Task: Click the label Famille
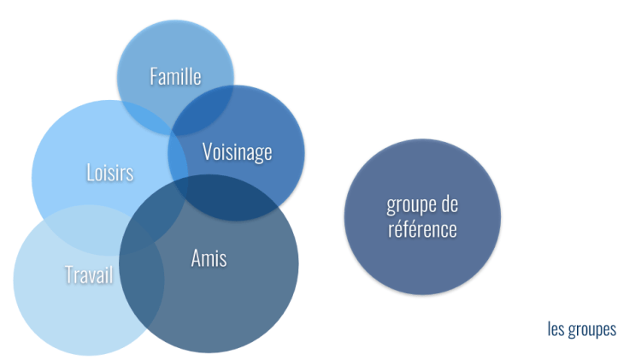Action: (175, 76)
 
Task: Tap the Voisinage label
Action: (237, 152)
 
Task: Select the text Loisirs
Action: (110, 173)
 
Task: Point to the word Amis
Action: (209, 257)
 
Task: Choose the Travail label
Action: (89, 275)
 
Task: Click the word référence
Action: (421, 230)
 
